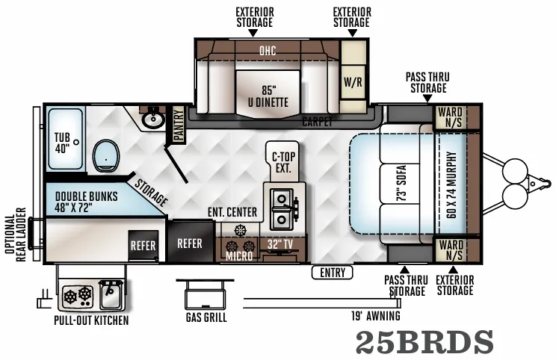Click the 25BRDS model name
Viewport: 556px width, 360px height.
[424, 341]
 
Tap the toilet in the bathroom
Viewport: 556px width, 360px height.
[106, 156]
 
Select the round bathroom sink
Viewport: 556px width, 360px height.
[153, 120]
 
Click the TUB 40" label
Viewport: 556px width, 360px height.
[62, 143]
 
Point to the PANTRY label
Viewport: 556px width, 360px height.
[179, 125]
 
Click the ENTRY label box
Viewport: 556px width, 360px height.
[333, 273]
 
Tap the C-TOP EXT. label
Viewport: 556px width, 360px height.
[283, 162]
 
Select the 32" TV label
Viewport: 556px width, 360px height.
[280, 244]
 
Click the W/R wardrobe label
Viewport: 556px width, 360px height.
[353, 82]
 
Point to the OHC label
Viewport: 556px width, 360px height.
[268, 51]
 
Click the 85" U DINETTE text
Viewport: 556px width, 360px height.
[268, 96]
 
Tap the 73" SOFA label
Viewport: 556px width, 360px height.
[401, 183]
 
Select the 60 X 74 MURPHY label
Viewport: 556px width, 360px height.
[451, 185]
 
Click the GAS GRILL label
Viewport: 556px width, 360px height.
[206, 317]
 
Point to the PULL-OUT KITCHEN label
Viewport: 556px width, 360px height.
[91, 320]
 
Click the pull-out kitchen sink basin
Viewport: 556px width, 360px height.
[111, 295]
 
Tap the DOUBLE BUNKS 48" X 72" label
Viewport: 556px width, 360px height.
[86, 202]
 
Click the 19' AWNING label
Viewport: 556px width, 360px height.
[376, 316]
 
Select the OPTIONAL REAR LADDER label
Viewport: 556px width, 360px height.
[16, 235]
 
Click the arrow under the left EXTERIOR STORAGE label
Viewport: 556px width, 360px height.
[253, 33]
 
